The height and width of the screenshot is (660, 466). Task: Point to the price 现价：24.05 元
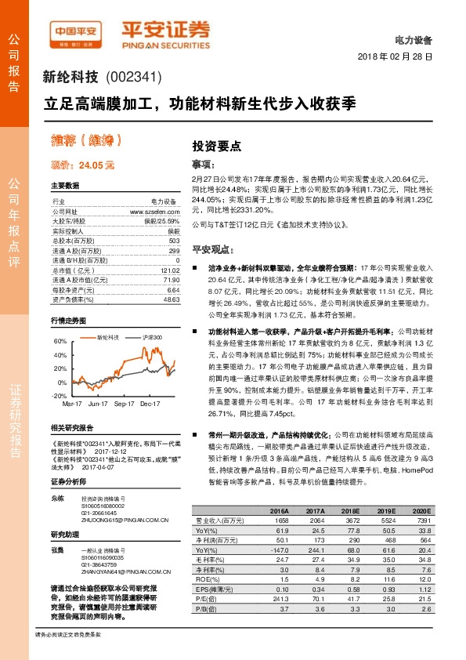82,165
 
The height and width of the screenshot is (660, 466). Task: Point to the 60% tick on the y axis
60,342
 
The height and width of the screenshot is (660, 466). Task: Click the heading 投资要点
217,146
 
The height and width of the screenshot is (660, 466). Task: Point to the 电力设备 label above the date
414,38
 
